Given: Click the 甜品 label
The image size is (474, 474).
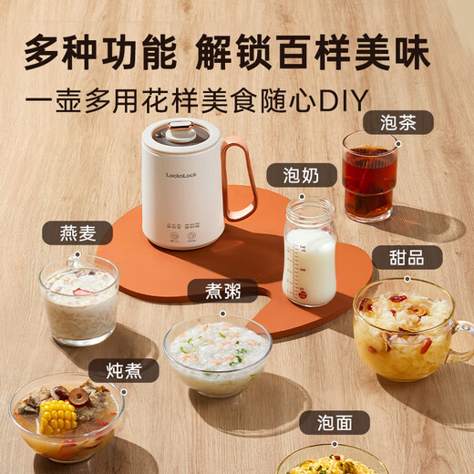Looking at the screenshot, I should (406, 257).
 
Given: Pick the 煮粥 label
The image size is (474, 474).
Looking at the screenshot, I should (217, 291).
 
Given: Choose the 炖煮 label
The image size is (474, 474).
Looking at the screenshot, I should (123, 371).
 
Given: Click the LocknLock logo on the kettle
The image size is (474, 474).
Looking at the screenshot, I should (182, 174).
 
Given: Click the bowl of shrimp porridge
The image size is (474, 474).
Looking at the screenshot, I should (217, 354).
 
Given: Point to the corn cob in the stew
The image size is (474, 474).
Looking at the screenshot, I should (57, 418).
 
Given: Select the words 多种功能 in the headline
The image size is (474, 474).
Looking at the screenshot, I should (100, 52).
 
